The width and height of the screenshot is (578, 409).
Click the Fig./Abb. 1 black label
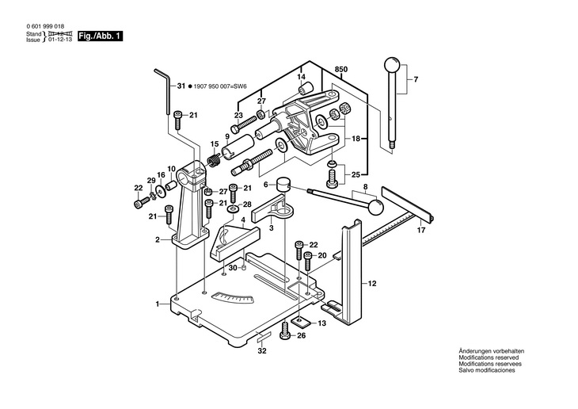pyautogui.click(x=100, y=36)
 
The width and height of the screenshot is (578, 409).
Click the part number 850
pyautogui.click(x=341, y=70)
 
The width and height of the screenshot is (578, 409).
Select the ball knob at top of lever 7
pyautogui.click(x=392, y=65)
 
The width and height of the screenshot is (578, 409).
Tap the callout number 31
pyautogui.click(x=181, y=86)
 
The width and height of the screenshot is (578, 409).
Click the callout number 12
pyautogui.click(x=372, y=284)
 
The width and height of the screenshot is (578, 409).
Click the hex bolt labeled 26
pyautogui.click(x=285, y=331)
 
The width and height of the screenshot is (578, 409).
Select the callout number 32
pyautogui.click(x=262, y=350)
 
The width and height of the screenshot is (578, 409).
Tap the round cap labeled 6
pyautogui.click(x=283, y=183)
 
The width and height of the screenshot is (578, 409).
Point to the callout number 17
pyautogui.click(x=421, y=230)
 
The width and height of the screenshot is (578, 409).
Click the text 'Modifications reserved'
pyautogui.click(x=489, y=357)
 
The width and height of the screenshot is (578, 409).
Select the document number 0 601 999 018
pyautogui.click(x=45, y=26)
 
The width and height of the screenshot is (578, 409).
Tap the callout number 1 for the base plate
pyautogui.click(x=157, y=304)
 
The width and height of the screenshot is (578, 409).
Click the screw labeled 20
pyautogui.click(x=308, y=262)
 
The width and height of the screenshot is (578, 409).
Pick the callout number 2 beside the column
pyautogui.click(x=158, y=239)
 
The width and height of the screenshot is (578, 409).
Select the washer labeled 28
pyautogui.click(x=232, y=210)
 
